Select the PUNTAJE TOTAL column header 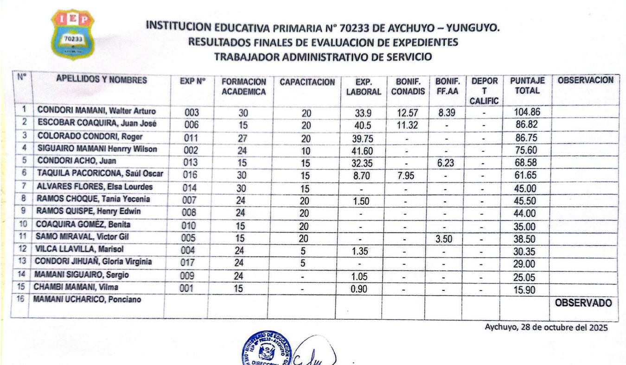point(527,86)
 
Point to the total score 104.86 point(527,112)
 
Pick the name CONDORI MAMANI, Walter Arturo point(96,111)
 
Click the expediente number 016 point(192,175)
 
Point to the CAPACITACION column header point(307,82)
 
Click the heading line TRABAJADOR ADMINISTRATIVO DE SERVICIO point(323,57)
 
